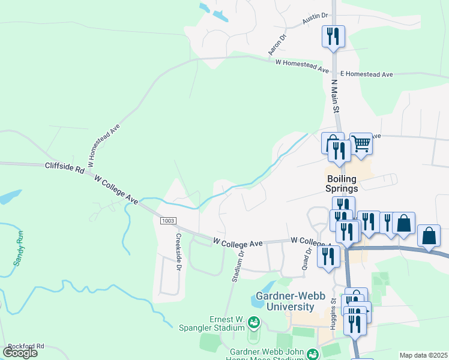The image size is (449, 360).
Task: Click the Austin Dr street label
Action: (x=316, y=19)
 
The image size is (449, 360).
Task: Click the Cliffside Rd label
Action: (x=64, y=169)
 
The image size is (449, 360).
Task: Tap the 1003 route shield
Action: (x=168, y=221)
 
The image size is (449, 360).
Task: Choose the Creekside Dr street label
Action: (x=178, y=252)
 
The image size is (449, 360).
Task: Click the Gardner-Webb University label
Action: (x=285, y=302)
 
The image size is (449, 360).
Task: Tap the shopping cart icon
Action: (x=361, y=144)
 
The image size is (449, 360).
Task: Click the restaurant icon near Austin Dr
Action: (x=333, y=36)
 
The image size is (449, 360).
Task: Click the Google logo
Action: (x=20, y=352)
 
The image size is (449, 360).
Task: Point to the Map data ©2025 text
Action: (x=423, y=355)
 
